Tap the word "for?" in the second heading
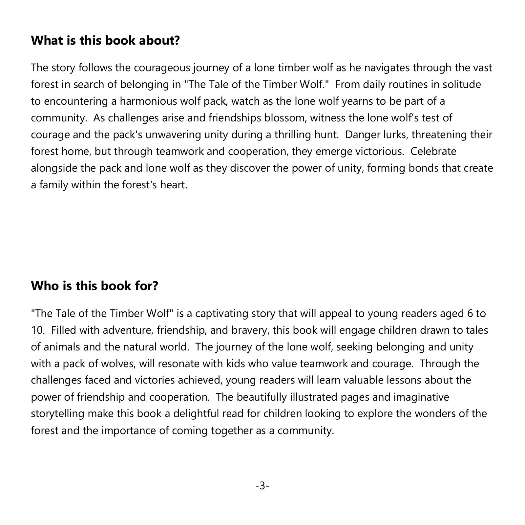tap(146, 286)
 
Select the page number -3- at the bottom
tap(262, 486)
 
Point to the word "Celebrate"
tap(433, 152)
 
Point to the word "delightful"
tap(196, 414)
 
